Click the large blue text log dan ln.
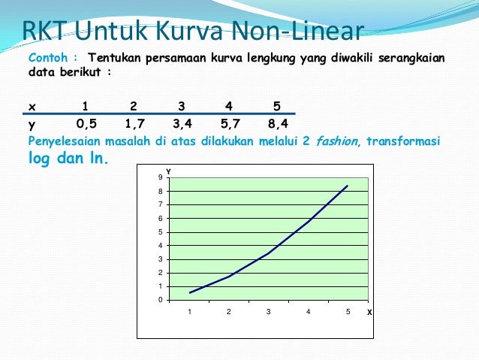(68, 159)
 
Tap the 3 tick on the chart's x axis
(269, 310)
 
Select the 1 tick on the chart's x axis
(190, 310)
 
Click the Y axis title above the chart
(169, 171)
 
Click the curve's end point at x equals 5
(348, 186)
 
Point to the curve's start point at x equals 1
(190, 293)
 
